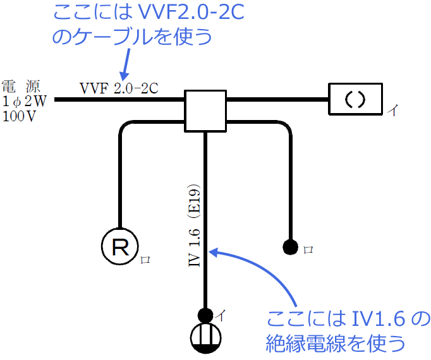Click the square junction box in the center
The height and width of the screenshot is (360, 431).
[x=205, y=111]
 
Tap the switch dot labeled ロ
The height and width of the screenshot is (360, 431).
[x=291, y=246]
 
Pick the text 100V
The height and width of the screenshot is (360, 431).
[x=20, y=116]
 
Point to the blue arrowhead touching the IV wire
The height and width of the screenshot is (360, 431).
[x=214, y=252]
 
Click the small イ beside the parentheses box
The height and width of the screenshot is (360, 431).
[x=392, y=111]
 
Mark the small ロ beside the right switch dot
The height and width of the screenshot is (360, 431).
[x=308, y=249]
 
